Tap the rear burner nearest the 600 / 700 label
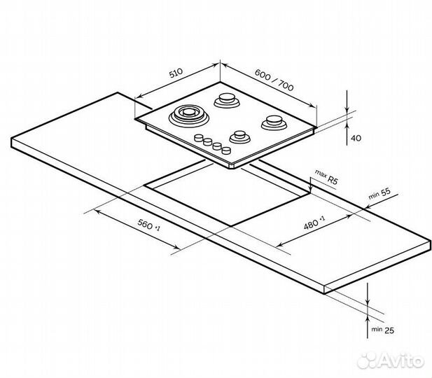(227, 100)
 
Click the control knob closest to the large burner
(199, 136)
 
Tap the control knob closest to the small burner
(227, 148)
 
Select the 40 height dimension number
(355, 139)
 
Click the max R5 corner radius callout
(326, 176)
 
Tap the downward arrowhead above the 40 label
(347, 109)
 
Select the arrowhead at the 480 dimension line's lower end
(280, 244)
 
